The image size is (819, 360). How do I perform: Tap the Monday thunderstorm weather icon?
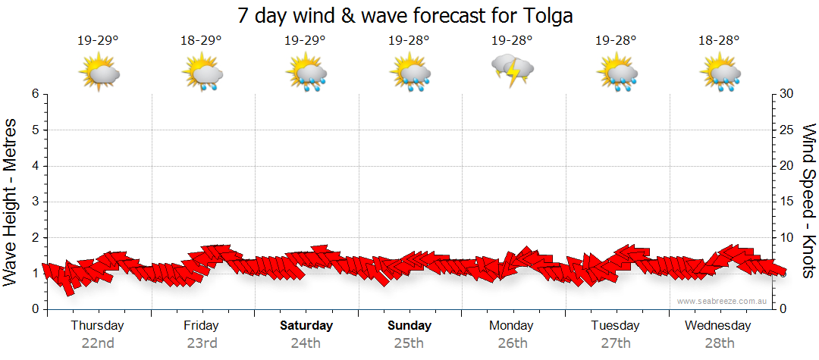tap(513, 71)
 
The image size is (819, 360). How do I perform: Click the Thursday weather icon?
tap(99, 73)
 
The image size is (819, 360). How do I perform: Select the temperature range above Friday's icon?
tap(201, 40)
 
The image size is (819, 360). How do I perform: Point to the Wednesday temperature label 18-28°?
tap(719, 40)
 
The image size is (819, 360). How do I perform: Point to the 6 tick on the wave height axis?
tap(35, 94)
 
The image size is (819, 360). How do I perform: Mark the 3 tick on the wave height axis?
tap(35, 202)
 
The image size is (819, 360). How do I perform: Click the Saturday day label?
tap(306, 326)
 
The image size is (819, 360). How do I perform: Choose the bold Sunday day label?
tap(409, 326)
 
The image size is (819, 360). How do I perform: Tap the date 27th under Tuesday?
tap(616, 343)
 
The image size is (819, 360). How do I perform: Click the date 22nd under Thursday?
tap(98, 343)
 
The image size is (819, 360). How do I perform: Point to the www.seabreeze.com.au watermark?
tap(723, 301)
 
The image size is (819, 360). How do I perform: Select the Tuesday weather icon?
tap(616, 73)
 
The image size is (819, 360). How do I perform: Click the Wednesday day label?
tap(717, 326)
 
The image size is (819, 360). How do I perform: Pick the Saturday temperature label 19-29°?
tap(305, 40)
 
